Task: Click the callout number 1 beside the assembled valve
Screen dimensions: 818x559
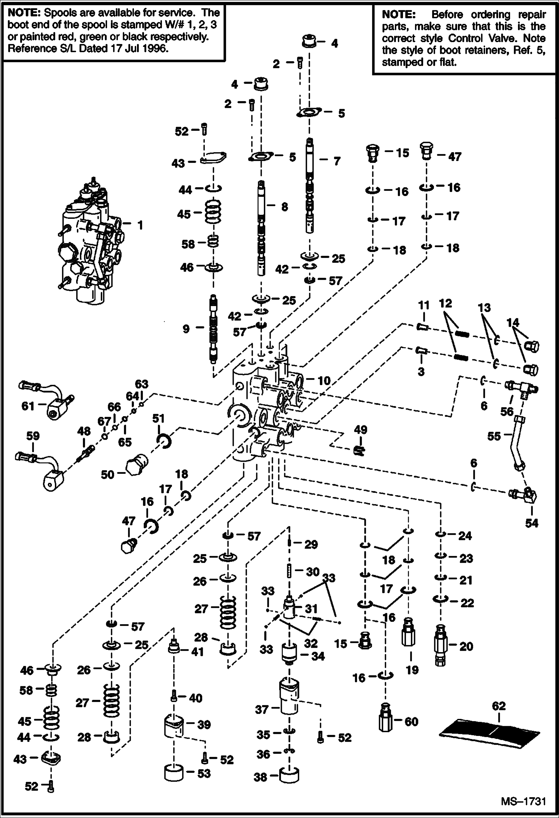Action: coord(140,225)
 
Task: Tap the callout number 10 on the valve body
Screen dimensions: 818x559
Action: coord(324,380)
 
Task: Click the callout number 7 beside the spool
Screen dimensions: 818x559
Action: coord(337,161)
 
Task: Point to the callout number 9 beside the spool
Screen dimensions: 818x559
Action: coord(186,328)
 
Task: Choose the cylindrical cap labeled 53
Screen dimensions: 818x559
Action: coord(175,772)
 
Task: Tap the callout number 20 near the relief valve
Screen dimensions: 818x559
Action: coord(466,646)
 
